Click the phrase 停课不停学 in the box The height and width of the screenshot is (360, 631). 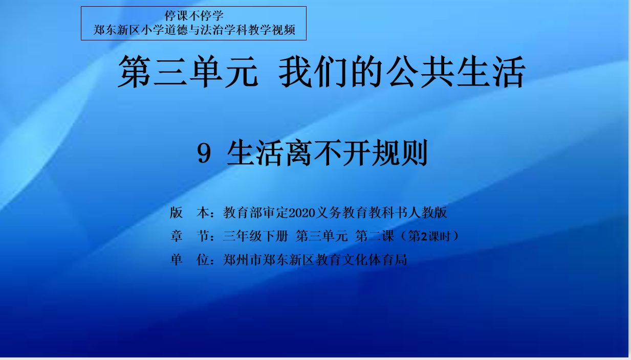tap(194, 16)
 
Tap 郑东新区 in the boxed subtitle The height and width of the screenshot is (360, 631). tap(116, 30)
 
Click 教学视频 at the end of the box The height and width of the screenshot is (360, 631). tap(272, 30)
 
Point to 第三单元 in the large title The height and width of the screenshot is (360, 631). tap(188, 72)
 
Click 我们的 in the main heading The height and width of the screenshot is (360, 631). tap(331, 72)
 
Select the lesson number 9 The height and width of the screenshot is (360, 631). tap(204, 153)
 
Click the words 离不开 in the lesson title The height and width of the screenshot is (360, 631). tap(327, 153)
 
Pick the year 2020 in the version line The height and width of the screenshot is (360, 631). tap(302, 213)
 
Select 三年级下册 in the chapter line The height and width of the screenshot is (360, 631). tap(255, 236)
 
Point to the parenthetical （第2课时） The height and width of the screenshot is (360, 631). tap(430, 236)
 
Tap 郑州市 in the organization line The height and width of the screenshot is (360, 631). tap(243, 259)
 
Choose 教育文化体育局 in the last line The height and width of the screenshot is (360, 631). tap(361, 259)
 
